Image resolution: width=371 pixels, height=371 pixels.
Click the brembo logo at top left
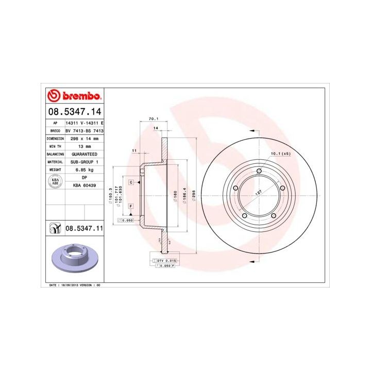pos(75,96)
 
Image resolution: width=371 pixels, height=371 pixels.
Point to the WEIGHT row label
pos(55,169)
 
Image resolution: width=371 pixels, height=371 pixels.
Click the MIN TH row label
pos(55,146)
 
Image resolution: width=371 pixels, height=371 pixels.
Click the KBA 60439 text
pos(83,184)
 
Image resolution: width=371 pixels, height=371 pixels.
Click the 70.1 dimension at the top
pos(153,120)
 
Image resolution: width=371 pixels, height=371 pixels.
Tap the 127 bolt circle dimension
pos(258,194)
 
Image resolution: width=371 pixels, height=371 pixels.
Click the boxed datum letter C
pos(131,182)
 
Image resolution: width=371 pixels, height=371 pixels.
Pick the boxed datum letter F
pos(131,206)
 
